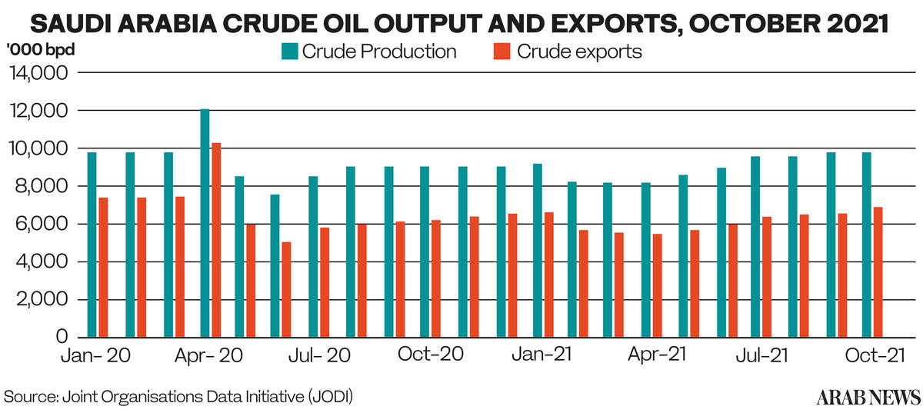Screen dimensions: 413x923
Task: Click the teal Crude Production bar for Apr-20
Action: [x=205, y=223]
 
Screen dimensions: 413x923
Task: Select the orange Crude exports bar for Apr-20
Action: [x=217, y=240]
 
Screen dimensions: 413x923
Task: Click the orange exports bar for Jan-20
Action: [x=104, y=267]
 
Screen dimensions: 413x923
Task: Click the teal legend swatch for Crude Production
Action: [x=288, y=52]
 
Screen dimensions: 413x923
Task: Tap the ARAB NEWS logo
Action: [x=868, y=397]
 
